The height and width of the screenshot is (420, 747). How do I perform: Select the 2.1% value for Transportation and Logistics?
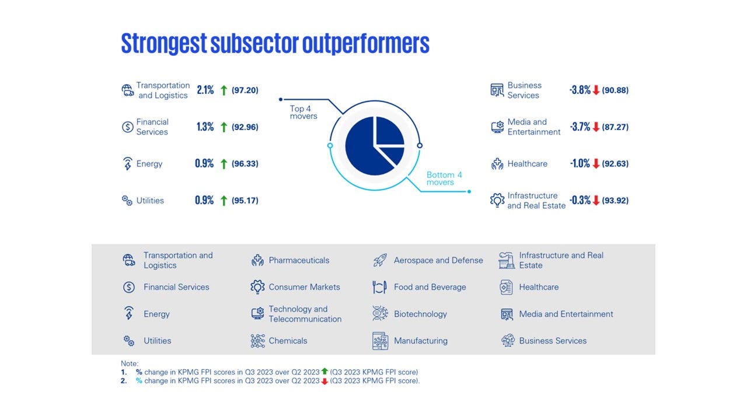[x=205, y=90]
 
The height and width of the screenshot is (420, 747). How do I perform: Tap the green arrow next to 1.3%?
[x=224, y=127]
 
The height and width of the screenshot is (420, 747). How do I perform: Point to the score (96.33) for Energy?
[x=245, y=164]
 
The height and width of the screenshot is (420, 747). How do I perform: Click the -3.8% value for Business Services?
[x=580, y=90]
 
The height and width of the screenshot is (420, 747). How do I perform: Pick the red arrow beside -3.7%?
[x=596, y=127]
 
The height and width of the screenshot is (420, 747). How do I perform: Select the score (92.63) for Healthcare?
[x=615, y=164]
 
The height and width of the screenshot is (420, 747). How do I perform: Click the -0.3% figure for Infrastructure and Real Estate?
[x=580, y=201]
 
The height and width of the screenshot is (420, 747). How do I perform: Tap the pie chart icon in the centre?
[x=375, y=146]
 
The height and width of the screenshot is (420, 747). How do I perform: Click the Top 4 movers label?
[x=303, y=112]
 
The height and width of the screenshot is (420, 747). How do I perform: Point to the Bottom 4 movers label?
[x=444, y=178]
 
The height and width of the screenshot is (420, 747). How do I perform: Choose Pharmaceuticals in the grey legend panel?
[x=299, y=260]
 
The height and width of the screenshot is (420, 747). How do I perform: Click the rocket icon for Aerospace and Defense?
[x=380, y=260]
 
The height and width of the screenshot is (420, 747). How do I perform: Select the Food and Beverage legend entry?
[x=430, y=287]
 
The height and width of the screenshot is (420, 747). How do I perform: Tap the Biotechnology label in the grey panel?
[x=420, y=314]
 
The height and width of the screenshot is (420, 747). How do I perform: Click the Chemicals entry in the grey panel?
[x=288, y=341]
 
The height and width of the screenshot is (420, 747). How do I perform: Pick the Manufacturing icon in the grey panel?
[x=380, y=341]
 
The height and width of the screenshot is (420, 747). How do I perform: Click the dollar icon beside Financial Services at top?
[x=128, y=127]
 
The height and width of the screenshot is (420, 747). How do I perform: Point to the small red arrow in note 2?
[x=324, y=381]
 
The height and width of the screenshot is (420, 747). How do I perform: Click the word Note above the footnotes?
[x=130, y=363]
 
